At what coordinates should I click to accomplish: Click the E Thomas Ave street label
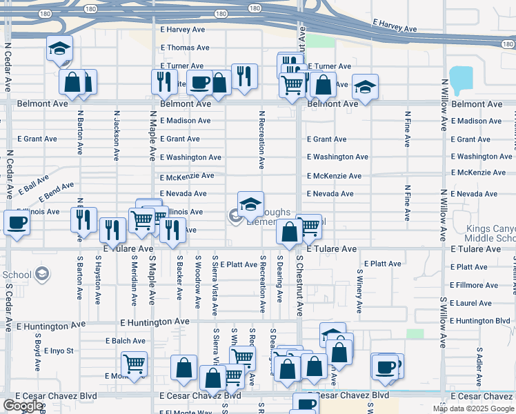184,48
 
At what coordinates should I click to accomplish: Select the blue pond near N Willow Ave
461,78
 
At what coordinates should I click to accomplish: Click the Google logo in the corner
23,405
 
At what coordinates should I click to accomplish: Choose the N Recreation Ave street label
261,140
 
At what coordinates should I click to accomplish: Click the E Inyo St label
59,351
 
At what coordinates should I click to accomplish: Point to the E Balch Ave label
126,341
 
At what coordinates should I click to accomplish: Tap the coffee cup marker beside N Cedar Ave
16,223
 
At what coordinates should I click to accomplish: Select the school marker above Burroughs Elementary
250,204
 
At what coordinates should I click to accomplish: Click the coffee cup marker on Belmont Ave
199,82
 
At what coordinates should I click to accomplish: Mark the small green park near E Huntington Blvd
415,334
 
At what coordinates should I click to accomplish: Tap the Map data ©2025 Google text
473,408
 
